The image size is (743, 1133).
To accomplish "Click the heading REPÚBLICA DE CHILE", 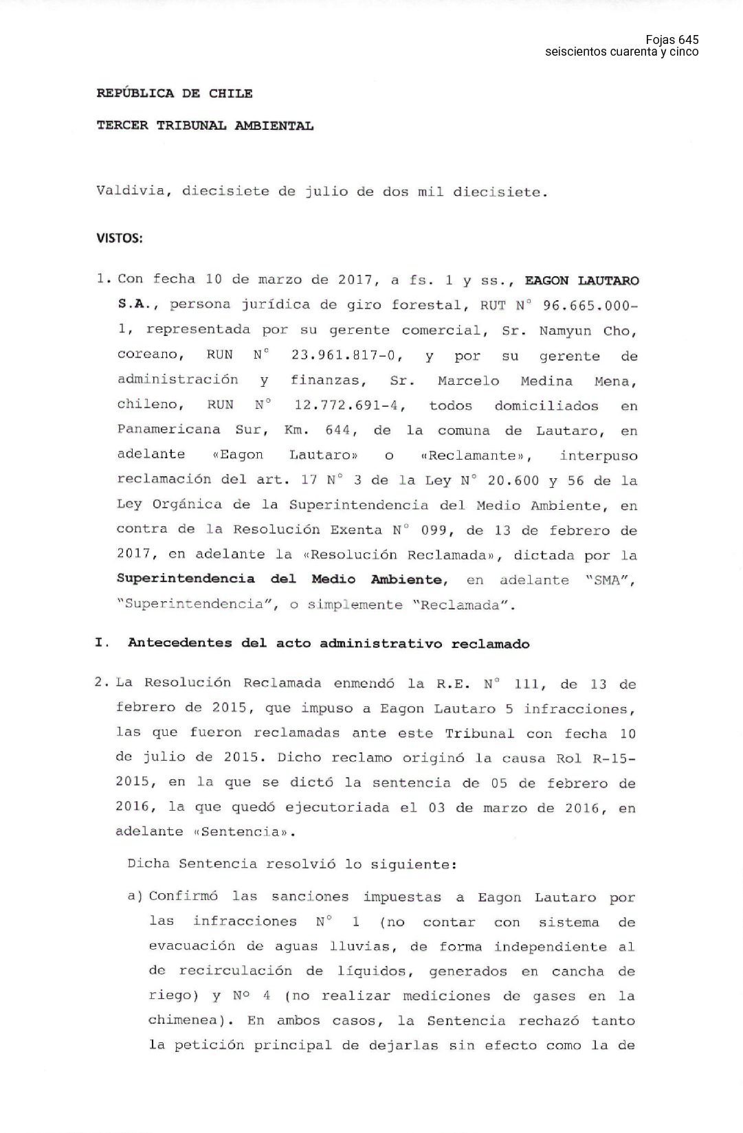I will click(175, 93).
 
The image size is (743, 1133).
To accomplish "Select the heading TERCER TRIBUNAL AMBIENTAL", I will click(205, 126).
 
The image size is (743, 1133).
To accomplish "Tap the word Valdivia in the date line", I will click(131, 191).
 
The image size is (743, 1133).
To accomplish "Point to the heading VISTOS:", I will click(120, 238).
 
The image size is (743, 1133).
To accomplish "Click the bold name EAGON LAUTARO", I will click(581, 280).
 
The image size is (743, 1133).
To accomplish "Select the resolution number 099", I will click(439, 530).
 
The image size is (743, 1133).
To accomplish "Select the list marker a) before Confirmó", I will click(135, 897).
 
